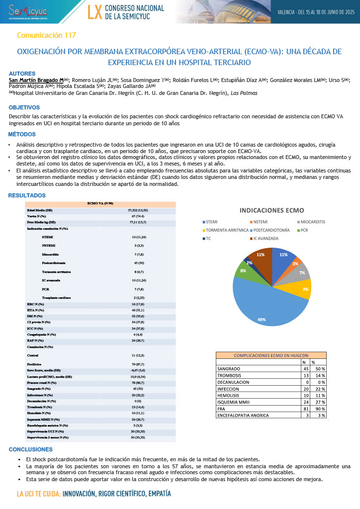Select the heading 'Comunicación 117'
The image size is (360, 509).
[x=46, y=35]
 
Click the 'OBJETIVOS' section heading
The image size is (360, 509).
[x=24, y=107]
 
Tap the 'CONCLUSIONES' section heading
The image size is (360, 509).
[x=30, y=449]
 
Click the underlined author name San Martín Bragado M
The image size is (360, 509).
[x=36, y=80]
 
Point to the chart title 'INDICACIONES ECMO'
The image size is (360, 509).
[x=272, y=210]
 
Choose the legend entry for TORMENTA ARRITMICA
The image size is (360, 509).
[x=226, y=230]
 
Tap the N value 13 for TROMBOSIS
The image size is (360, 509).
[x=306, y=376]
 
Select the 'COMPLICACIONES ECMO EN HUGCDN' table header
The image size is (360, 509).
[x=271, y=355]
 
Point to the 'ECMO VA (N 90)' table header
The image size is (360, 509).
[x=100, y=203]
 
